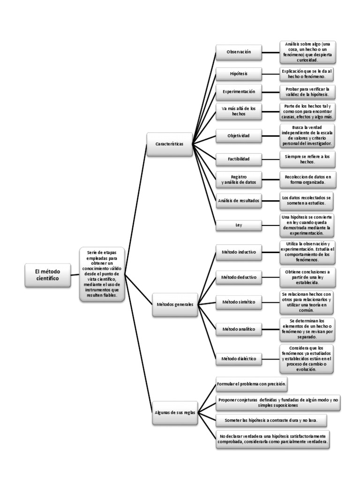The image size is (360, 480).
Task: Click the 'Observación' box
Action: tap(239, 52)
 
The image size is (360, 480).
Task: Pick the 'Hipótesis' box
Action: tap(239, 74)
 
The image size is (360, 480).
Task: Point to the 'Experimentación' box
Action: tap(239, 91)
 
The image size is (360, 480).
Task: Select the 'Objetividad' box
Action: tap(239, 135)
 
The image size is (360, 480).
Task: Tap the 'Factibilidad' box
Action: tap(239, 159)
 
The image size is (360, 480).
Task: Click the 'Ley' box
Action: tap(239, 225)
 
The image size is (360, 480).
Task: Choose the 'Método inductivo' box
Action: tap(239, 252)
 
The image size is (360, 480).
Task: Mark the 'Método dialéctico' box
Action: tap(239, 359)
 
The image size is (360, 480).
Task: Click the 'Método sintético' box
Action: tap(239, 302)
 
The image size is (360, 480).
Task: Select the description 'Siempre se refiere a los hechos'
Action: tap(307, 159)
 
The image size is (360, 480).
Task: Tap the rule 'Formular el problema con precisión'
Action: tap(252, 384)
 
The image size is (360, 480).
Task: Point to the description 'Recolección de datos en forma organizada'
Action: tap(307, 179)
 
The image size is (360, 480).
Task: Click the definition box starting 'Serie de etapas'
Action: tap(102, 274)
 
